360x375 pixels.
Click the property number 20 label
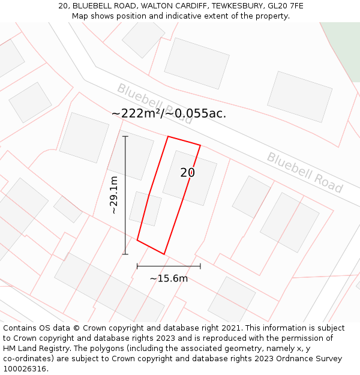click(188, 173)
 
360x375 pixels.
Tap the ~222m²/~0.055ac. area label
click(169, 113)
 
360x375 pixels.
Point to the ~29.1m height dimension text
click(113, 195)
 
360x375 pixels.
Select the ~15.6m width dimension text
click(169, 278)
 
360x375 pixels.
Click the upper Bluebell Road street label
click(154, 103)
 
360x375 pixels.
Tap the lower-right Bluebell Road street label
click(304, 172)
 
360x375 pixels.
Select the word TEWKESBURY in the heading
click(232, 6)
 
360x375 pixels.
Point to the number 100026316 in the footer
click(25, 368)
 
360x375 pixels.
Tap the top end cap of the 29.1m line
click(125, 137)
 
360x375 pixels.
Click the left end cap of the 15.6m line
click(137, 266)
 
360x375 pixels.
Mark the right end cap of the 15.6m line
click(200, 266)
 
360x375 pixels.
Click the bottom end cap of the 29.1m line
click(125, 254)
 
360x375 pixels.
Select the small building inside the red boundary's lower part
click(146, 209)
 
